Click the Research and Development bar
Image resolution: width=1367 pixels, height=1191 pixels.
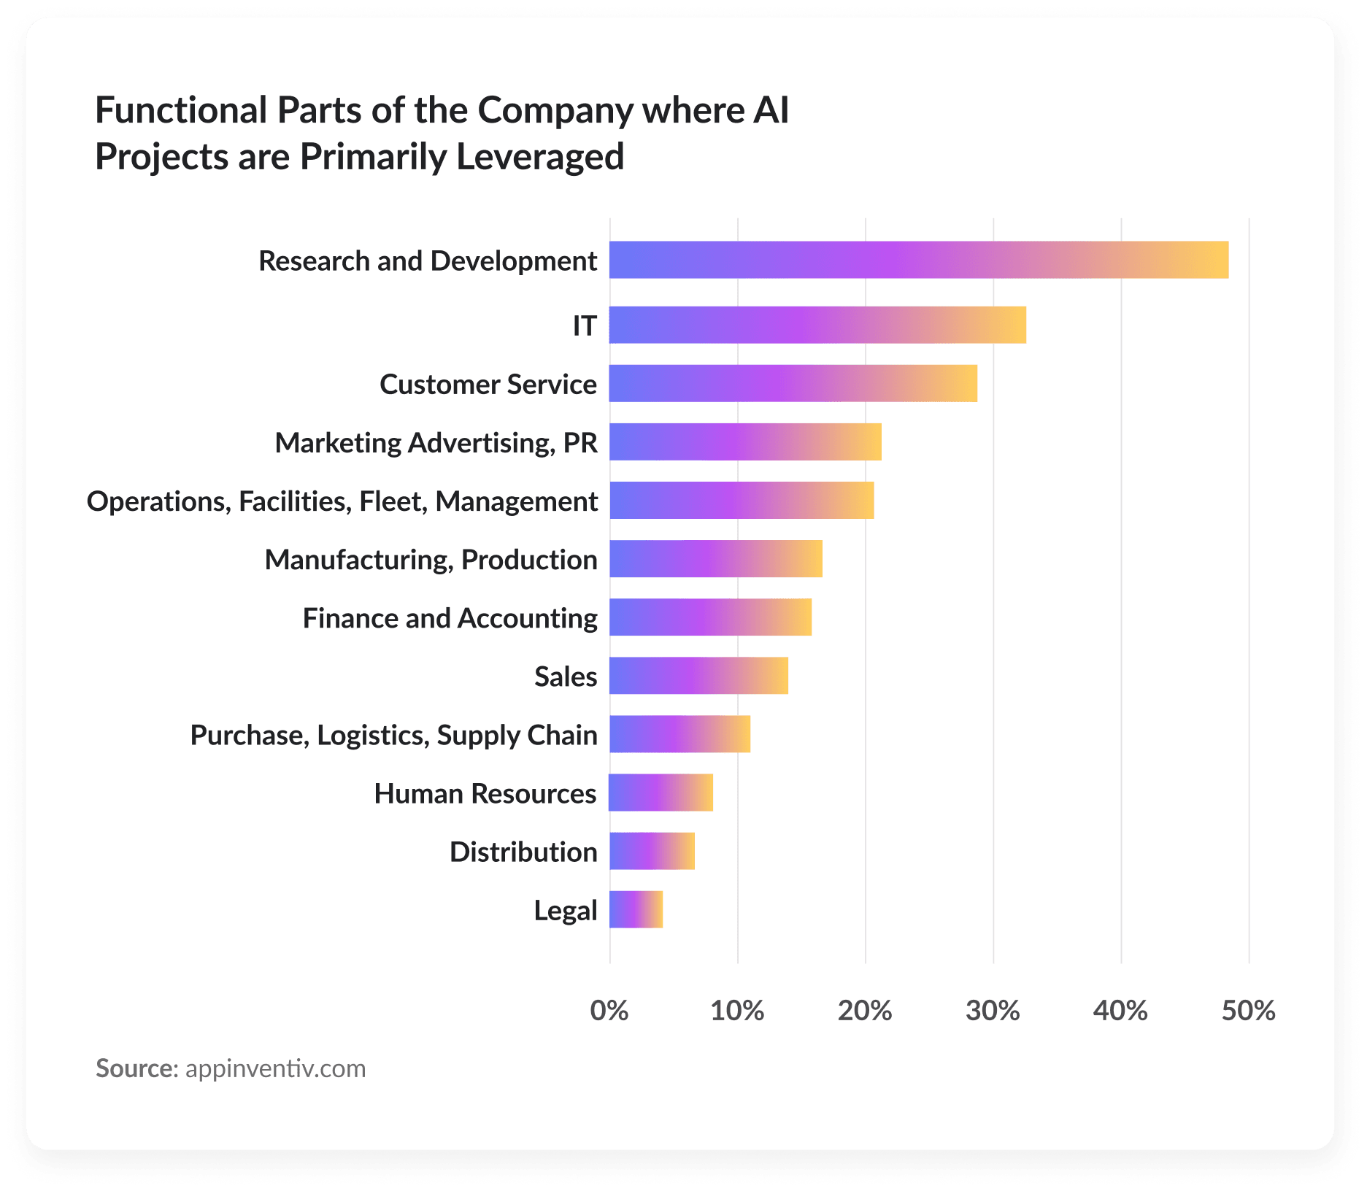(x=918, y=260)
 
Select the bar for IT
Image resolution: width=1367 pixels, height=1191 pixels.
(x=817, y=325)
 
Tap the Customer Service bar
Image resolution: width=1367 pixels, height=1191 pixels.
(x=793, y=383)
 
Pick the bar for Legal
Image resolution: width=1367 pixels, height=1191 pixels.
(x=636, y=909)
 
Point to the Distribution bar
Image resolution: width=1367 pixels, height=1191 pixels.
(x=652, y=851)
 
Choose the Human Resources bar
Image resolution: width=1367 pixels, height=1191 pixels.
(x=661, y=793)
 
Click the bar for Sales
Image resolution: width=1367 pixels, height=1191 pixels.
(x=698, y=676)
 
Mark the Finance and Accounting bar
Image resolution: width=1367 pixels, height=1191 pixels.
(x=710, y=617)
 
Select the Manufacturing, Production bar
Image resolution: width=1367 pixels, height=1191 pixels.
(x=716, y=559)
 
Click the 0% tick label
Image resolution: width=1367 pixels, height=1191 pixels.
(x=609, y=1011)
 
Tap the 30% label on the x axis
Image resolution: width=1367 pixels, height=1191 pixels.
(x=993, y=1011)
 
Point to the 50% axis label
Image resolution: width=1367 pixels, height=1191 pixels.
(x=1248, y=1011)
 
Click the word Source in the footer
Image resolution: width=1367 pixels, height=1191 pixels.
(x=136, y=1068)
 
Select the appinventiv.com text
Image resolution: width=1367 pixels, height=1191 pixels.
(x=275, y=1068)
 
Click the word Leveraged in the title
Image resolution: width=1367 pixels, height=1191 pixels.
(x=540, y=157)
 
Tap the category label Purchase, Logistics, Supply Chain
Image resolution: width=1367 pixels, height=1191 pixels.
(x=393, y=735)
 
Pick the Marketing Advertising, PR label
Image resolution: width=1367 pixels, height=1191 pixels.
(x=436, y=443)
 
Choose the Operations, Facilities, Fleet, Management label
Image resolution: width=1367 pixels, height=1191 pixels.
(x=342, y=501)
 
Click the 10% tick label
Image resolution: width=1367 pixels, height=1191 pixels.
(x=737, y=1011)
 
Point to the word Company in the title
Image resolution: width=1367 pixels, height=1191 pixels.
(x=555, y=111)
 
